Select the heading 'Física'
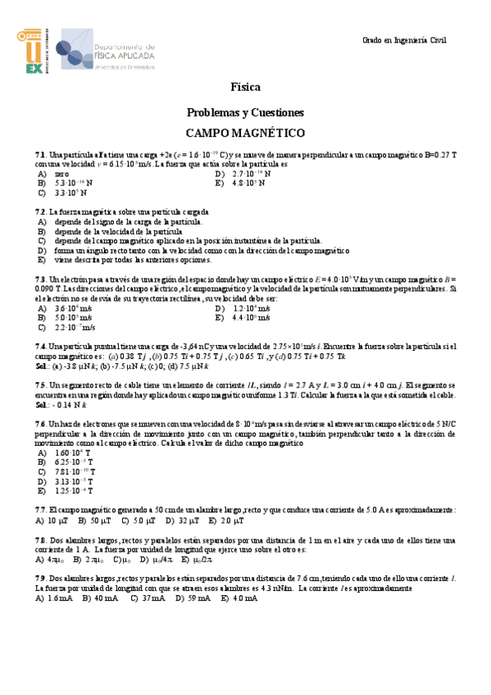[245, 87]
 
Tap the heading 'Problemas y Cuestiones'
[245, 111]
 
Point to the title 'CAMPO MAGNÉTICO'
[245, 133]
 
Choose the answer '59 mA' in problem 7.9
[198, 598]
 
